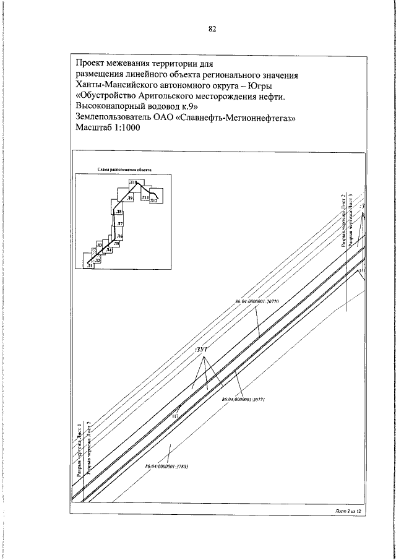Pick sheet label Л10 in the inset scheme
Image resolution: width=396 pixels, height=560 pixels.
pos(133,182)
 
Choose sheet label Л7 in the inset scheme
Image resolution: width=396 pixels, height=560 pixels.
pos(120,223)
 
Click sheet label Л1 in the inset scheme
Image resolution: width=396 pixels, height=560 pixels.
pos(90,265)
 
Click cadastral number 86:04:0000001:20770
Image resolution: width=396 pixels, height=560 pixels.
pos(257,301)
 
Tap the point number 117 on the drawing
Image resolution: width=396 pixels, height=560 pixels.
pos(175,417)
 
